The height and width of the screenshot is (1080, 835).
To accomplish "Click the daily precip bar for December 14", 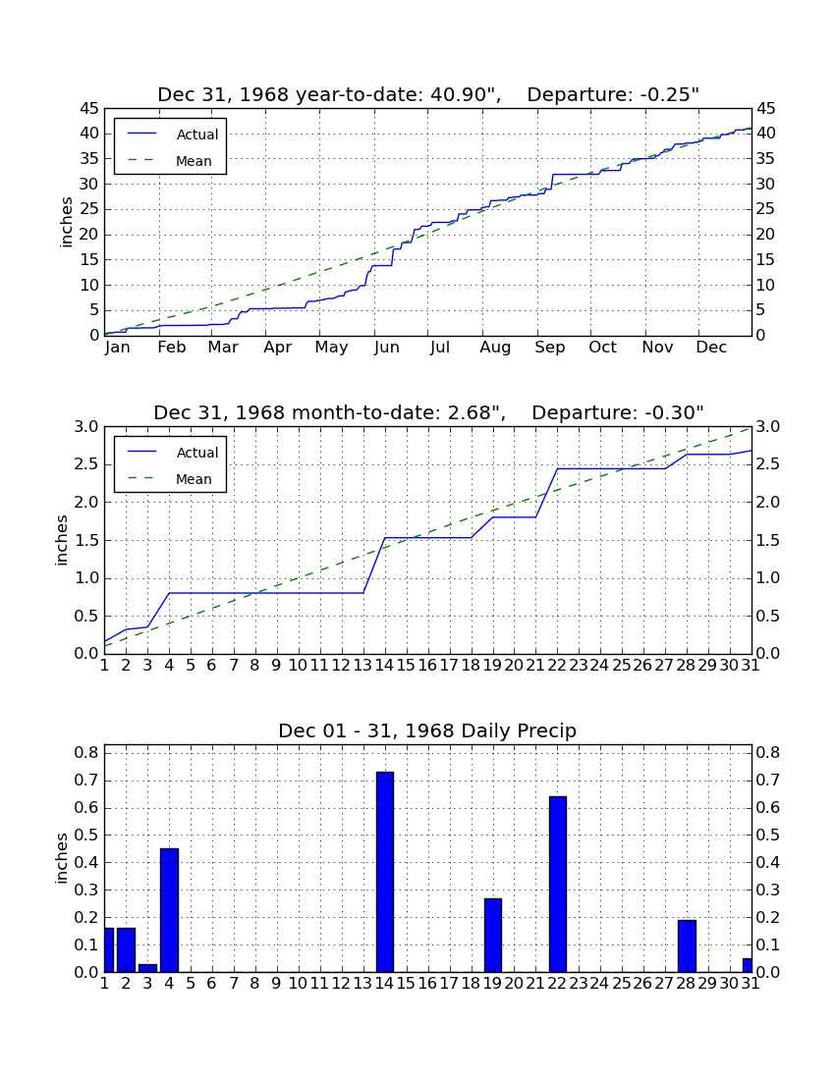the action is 385,872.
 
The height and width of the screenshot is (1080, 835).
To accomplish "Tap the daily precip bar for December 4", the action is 170,910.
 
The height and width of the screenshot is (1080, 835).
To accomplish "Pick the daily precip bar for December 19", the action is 492,936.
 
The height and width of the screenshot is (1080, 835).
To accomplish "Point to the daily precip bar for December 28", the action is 687,946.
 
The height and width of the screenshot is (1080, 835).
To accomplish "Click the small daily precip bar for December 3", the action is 148,968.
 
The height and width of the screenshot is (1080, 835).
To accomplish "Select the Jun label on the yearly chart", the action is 386,348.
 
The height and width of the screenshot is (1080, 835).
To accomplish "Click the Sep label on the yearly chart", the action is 550,348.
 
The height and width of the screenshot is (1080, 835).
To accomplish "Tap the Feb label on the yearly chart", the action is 172,348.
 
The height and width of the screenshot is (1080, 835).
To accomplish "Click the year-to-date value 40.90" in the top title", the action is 465,95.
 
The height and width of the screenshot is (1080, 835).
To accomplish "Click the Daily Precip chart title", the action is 427,730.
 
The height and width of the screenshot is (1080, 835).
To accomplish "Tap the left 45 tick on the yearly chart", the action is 89,109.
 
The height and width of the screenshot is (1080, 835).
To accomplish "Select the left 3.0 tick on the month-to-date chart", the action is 86,427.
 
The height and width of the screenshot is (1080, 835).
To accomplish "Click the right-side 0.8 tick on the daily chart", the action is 768,752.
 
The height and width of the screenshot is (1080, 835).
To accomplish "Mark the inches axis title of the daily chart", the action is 62,858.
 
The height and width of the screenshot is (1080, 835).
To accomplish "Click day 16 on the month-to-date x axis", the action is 427,666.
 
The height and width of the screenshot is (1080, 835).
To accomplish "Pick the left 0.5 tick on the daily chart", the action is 86,835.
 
